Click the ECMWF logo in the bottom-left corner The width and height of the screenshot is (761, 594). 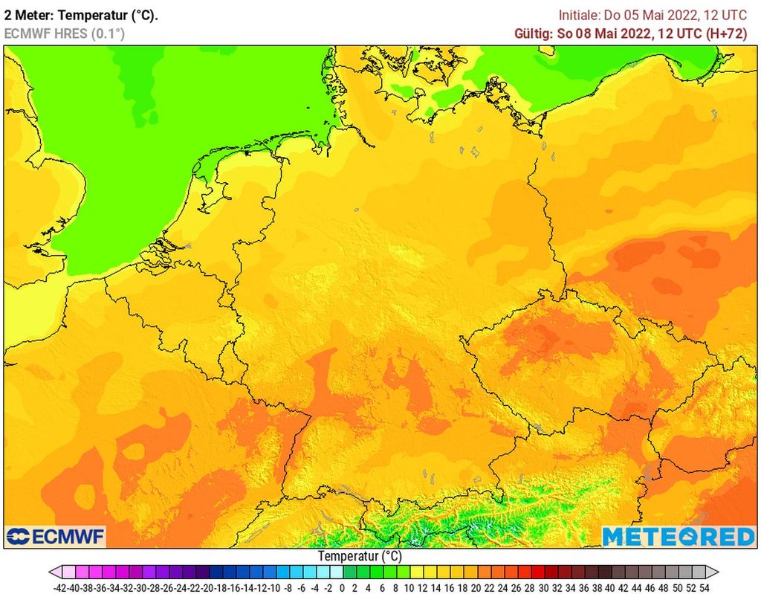56,536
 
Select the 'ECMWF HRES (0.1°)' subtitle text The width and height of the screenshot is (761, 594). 64,33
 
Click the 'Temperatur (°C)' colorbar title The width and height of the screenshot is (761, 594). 360,556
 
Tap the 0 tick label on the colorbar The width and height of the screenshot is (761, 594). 342,587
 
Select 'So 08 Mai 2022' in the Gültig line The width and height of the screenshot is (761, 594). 603,33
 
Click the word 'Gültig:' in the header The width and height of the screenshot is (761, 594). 534,33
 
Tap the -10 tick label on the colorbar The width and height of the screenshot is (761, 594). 276,587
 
